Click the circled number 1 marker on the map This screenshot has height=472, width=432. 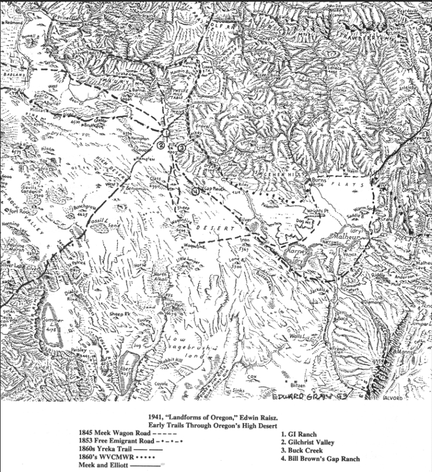click(166, 133)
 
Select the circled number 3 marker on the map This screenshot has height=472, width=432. click(181, 147)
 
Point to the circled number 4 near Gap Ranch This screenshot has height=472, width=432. click(195, 191)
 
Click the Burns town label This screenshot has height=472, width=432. click(318, 181)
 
